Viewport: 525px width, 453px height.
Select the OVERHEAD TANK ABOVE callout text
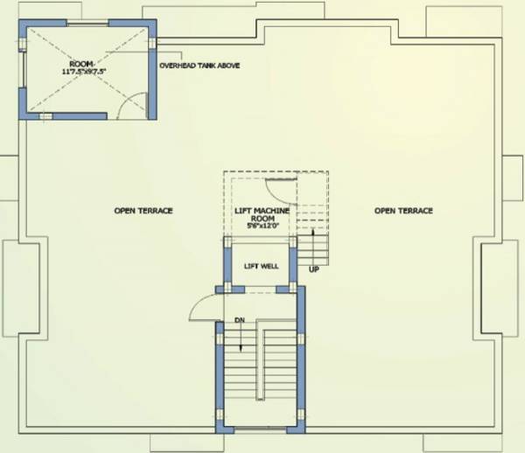[x=199, y=66]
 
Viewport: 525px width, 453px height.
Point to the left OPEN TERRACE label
[x=143, y=211]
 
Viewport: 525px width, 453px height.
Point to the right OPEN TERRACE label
[x=403, y=211]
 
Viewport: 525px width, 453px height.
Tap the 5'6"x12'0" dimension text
[x=262, y=226]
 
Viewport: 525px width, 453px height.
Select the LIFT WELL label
[x=261, y=266]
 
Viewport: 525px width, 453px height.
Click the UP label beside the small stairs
[x=312, y=269]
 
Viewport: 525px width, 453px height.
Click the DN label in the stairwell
[x=239, y=320]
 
